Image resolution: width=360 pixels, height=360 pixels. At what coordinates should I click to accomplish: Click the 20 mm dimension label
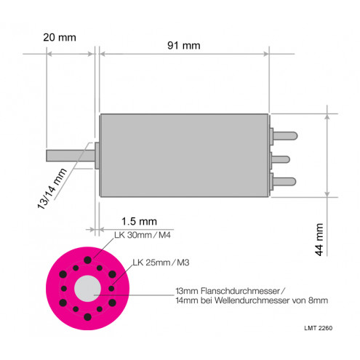coord(60,38)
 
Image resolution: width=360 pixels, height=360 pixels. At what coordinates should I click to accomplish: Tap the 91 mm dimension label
coord(184,46)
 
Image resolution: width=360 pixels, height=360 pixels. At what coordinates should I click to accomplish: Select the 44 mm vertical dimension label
coord(319,239)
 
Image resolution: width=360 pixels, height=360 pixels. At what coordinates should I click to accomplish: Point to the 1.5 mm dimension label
coord(139,221)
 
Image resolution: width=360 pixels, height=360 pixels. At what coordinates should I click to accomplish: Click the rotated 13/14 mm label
coord(52,188)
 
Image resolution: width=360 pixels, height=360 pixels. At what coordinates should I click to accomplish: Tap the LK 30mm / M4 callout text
coord(143,235)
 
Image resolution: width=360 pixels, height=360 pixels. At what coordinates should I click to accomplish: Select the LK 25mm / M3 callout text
coord(161,263)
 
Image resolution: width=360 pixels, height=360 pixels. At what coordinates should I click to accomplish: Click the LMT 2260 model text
coord(319,328)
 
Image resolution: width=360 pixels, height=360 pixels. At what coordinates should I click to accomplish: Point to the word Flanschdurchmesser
coord(240,291)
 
